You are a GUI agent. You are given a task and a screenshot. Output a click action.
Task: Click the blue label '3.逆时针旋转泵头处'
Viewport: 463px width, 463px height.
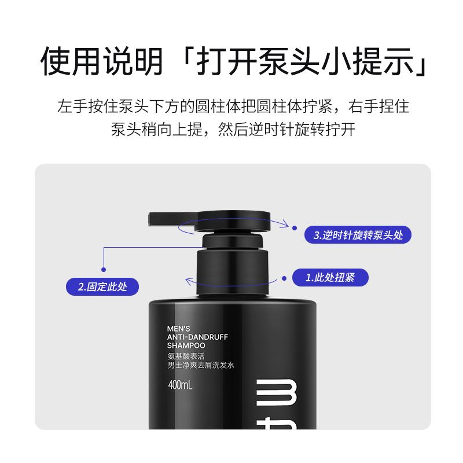tap(358, 235)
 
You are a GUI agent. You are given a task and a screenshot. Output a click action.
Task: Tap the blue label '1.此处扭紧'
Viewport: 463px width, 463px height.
tap(330, 277)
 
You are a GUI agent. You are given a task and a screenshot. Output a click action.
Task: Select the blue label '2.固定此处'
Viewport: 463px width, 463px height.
tap(102, 286)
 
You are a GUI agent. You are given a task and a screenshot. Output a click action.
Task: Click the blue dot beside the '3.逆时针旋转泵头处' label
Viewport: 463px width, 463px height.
tap(295, 228)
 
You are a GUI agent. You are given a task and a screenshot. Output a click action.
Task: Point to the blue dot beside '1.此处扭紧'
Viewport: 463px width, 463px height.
tap(284, 278)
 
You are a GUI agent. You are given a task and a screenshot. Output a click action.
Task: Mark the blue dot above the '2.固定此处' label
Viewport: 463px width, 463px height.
tap(104, 270)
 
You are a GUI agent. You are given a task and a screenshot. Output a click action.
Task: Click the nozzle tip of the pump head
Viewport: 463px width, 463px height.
tap(150, 219)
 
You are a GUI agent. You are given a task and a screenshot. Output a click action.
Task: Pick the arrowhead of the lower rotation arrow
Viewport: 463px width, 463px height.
tap(189, 281)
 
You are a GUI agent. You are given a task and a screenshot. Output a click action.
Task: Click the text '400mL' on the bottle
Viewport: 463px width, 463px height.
tap(180, 385)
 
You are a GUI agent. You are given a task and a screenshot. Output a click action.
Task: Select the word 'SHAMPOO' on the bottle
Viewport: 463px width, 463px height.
tap(186, 345)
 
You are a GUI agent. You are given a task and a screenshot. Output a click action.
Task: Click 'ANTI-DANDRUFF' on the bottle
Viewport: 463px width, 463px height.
tap(197, 337)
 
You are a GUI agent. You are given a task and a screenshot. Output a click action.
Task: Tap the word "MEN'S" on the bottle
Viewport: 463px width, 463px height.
tap(178, 328)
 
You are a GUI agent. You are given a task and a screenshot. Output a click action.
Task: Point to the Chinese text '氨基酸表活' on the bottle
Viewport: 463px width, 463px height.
tap(186, 356)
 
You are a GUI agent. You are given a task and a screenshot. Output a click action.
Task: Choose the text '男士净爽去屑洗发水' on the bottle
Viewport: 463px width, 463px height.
tap(201, 365)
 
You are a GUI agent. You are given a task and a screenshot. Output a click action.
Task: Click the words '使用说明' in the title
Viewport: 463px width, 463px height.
tap(102, 61)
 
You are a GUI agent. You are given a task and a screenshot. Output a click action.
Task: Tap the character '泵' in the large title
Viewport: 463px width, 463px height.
tap(274, 61)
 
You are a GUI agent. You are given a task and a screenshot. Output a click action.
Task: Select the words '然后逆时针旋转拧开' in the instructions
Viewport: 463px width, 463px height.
tap(286, 129)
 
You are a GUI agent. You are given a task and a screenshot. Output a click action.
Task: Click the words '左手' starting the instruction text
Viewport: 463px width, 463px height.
tap(72, 106)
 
